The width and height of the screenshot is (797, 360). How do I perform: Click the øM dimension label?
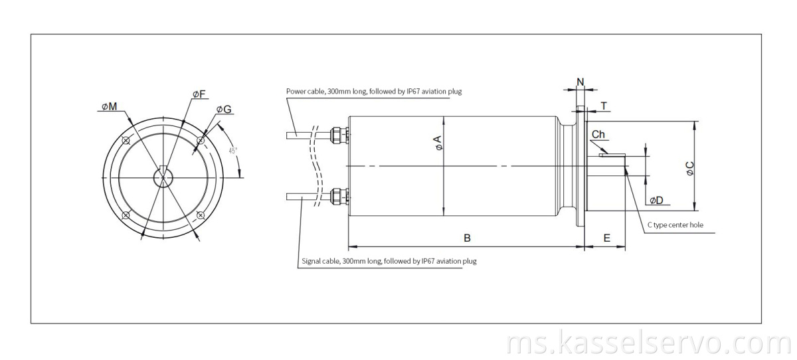point(110,106)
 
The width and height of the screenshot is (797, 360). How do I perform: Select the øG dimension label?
point(224,110)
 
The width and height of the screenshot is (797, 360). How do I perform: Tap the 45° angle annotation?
point(233,150)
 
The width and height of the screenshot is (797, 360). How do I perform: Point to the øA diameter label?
point(438,143)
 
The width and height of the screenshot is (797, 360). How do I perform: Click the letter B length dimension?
point(467,237)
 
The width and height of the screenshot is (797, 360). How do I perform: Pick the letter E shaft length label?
point(606,237)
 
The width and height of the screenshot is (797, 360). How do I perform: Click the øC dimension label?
point(690,168)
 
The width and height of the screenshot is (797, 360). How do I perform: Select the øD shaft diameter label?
point(656,200)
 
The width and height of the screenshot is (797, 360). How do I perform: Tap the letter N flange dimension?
point(580,82)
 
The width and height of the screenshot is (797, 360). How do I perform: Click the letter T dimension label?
point(604,106)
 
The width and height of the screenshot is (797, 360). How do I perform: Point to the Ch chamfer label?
point(598,135)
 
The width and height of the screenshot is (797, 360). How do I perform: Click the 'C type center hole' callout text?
point(675,225)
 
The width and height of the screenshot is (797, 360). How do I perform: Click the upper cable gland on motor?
point(339,135)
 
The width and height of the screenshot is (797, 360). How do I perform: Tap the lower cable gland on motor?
point(339,197)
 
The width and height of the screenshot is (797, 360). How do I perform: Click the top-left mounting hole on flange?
point(126,139)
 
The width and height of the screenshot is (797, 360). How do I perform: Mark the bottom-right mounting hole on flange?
point(201,215)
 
